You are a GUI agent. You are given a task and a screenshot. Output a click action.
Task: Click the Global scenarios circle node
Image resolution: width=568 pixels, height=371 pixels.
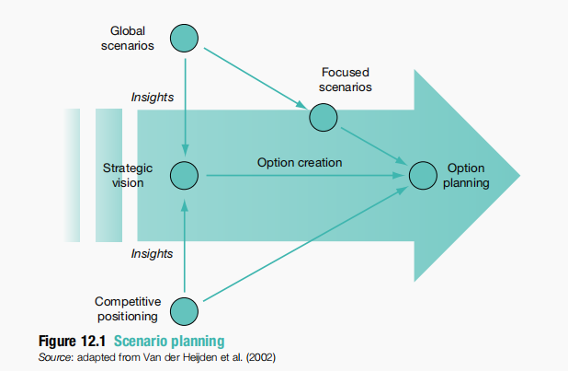pyautogui.click(x=186, y=37)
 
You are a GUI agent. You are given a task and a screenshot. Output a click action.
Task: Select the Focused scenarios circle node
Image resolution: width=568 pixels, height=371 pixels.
pyautogui.click(x=323, y=117)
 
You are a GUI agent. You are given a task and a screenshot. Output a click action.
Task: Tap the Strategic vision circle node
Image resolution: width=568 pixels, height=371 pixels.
pyautogui.click(x=185, y=175)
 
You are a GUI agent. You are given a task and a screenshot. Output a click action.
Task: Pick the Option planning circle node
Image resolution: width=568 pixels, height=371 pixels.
pyautogui.click(x=422, y=175)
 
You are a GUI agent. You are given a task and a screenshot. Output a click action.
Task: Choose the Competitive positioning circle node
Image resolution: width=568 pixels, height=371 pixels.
pyautogui.click(x=185, y=310)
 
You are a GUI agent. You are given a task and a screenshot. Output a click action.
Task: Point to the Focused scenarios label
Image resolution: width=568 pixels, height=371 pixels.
pyautogui.click(x=346, y=80)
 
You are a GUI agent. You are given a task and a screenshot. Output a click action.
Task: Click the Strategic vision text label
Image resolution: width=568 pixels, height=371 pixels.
pyautogui.click(x=128, y=176)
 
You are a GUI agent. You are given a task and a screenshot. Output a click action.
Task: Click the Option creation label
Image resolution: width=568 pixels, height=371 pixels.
pyautogui.click(x=300, y=163)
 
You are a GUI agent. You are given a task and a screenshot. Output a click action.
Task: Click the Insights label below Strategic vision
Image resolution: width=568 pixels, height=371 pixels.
pyautogui.click(x=153, y=253)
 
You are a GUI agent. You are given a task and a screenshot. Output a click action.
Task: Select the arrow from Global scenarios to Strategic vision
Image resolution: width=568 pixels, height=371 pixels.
pyautogui.click(x=186, y=101)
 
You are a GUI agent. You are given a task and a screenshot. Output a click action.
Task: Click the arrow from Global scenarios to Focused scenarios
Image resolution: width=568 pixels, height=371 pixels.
pyautogui.click(x=253, y=76)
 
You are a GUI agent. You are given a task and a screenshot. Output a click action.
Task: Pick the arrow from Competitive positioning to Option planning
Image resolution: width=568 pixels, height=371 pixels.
pyautogui.click(x=303, y=243)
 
